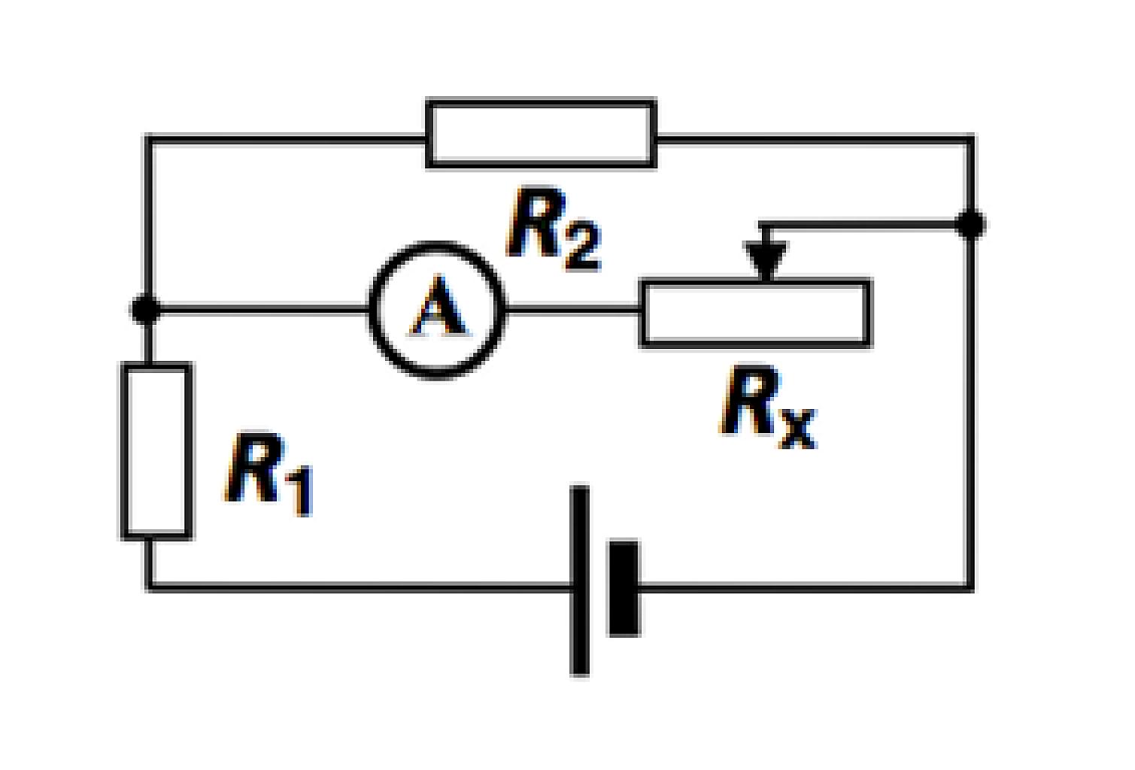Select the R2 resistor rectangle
point(541,102)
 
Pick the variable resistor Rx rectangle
point(755,281)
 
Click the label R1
point(269,474)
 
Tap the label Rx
point(768,407)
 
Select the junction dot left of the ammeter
point(146,308)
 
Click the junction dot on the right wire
point(970,224)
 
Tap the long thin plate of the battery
point(579,581)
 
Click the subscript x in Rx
point(797,429)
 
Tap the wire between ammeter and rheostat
point(572,308)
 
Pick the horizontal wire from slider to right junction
point(860,224)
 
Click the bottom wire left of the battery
point(359,587)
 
